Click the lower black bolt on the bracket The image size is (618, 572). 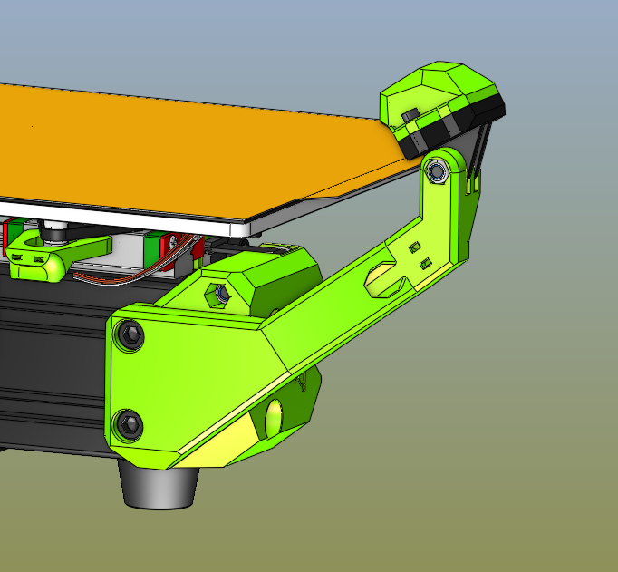[x=129, y=422]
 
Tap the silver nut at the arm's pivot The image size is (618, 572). [x=439, y=170]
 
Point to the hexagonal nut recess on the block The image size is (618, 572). [x=218, y=295]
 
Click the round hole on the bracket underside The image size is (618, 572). [x=273, y=419]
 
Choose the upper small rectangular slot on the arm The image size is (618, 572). [x=415, y=247]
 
